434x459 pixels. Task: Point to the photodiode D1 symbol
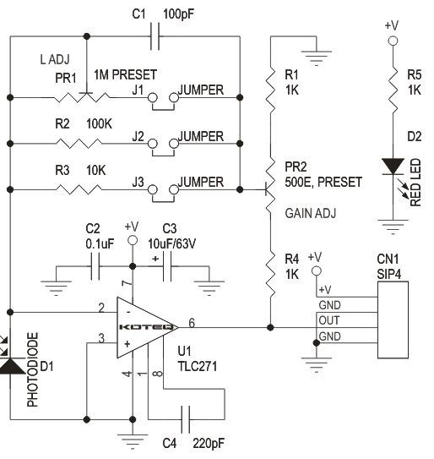click(11, 364)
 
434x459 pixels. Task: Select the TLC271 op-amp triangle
click(144, 325)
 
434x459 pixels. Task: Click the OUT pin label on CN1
click(329, 320)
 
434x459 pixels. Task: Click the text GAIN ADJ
click(309, 214)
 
